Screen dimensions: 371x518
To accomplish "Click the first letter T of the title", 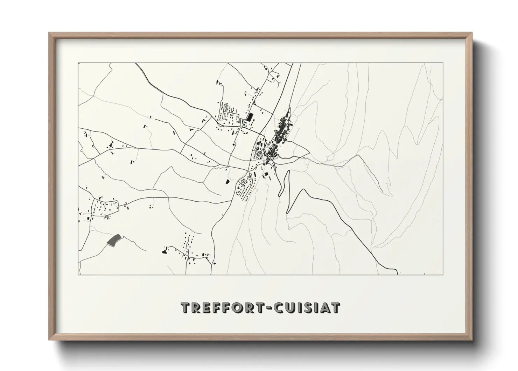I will pyautogui.click(x=185, y=308).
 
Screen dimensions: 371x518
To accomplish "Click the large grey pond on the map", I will pyautogui.click(x=113, y=240).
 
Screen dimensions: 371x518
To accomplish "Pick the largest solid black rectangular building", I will pyautogui.click(x=250, y=117).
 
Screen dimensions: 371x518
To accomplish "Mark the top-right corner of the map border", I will pyautogui.click(x=443, y=63).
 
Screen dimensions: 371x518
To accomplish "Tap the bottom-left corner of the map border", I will pyautogui.click(x=78, y=274).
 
